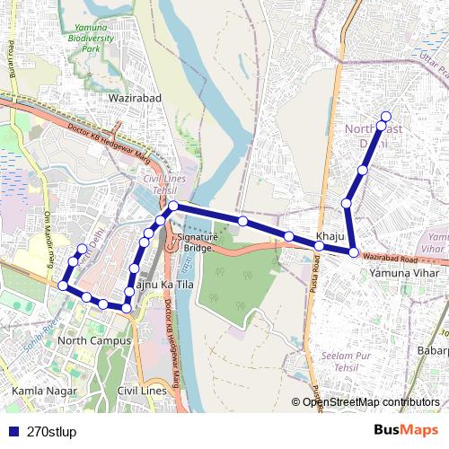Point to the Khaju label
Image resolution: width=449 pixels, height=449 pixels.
point(330,236)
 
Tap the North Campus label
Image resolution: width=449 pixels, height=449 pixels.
point(93,340)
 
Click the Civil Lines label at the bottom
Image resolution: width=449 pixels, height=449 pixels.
point(142,391)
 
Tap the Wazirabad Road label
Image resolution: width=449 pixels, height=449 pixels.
point(392,257)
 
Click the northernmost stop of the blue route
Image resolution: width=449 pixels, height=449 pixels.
point(386,116)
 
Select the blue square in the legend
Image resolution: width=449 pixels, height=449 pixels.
point(12,431)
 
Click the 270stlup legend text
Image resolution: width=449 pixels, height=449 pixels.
point(52,431)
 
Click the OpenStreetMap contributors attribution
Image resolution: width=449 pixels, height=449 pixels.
point(370,402)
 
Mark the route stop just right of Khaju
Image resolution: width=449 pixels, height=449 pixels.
point(354,252)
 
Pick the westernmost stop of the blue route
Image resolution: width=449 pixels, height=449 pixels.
point(63,286)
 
